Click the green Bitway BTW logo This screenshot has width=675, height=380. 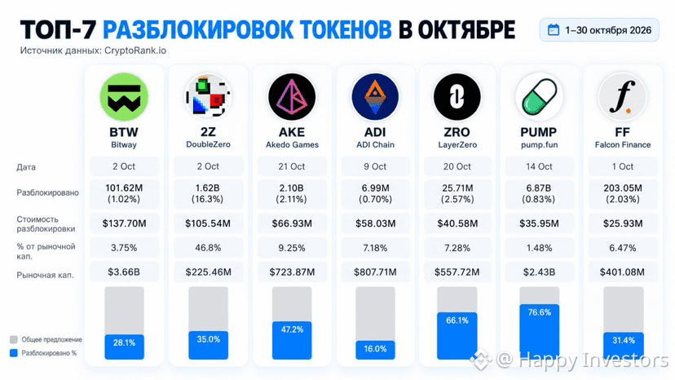124,97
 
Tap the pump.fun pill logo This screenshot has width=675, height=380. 539,97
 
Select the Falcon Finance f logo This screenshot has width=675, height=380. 623,97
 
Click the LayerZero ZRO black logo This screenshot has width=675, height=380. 457,97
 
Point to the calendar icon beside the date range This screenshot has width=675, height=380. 554,29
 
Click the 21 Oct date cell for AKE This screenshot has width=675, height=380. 292,166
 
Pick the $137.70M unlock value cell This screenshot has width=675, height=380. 124,223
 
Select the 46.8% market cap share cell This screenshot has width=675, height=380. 208,248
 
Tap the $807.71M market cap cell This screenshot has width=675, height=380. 375,272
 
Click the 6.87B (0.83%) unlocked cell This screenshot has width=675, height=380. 539,193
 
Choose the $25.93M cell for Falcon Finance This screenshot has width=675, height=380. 623,223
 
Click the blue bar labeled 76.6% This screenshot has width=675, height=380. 539,331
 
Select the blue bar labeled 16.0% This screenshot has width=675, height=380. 375,350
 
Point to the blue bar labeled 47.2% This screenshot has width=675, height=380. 292,340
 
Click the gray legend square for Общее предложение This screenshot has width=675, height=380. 14,339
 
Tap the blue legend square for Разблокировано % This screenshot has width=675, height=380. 14,353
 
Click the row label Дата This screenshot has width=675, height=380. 26,166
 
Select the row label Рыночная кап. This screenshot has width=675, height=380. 45,275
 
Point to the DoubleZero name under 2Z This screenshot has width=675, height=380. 208,144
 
